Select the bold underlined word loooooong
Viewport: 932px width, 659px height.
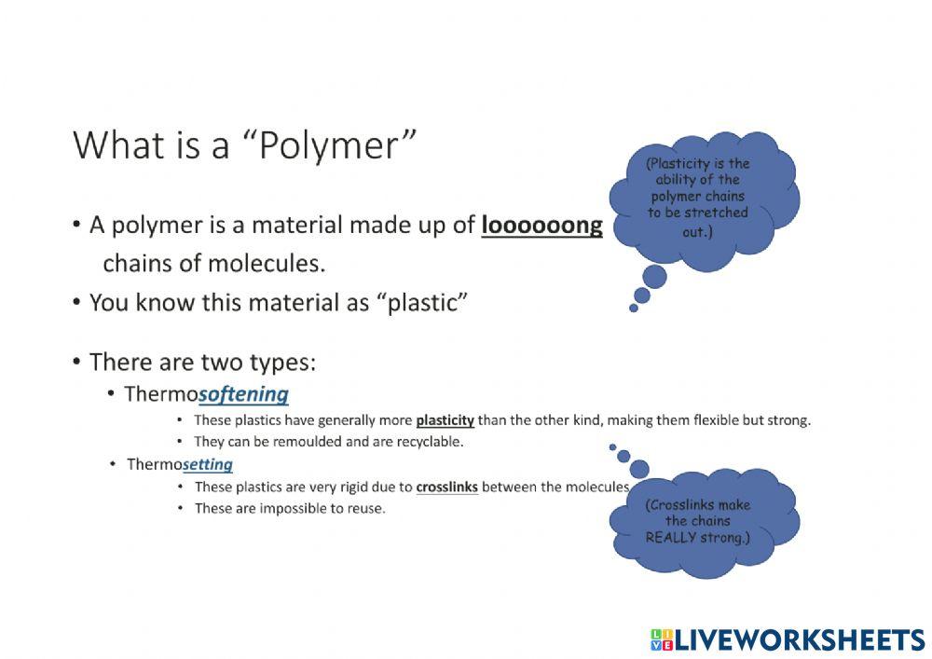[541, 226]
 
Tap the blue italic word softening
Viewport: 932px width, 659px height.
[243, 393]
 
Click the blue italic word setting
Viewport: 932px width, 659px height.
[208, 464]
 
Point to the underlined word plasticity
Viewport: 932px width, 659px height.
[445, 420]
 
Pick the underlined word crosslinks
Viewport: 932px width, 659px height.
[446, 487]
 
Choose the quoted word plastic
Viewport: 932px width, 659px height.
[418, 303]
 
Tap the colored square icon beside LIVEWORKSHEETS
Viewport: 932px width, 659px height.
[662, 639]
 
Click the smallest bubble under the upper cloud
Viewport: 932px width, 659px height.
[634, 308]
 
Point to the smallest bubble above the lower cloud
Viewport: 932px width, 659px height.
[612, 447]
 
